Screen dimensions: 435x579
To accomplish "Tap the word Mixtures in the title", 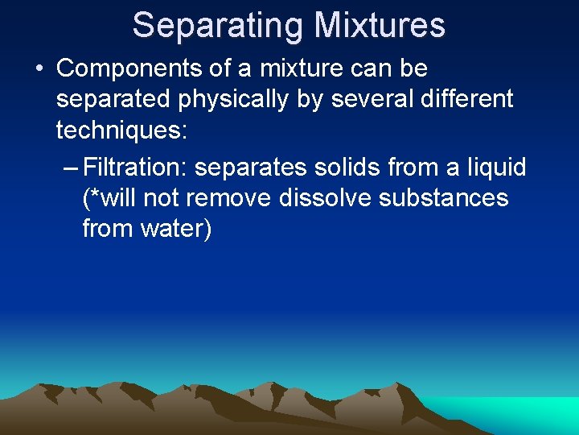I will (x=380, y=25).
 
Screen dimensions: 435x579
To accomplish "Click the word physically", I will (x=245, y=99).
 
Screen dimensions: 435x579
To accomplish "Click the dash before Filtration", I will (x=71, y=168).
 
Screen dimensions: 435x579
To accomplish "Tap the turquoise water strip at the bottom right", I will (x=523, y=415).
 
